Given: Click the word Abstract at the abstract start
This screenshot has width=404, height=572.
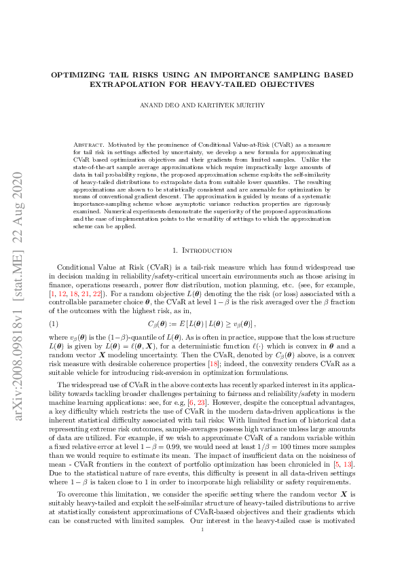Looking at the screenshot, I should (x=87, y=146).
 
